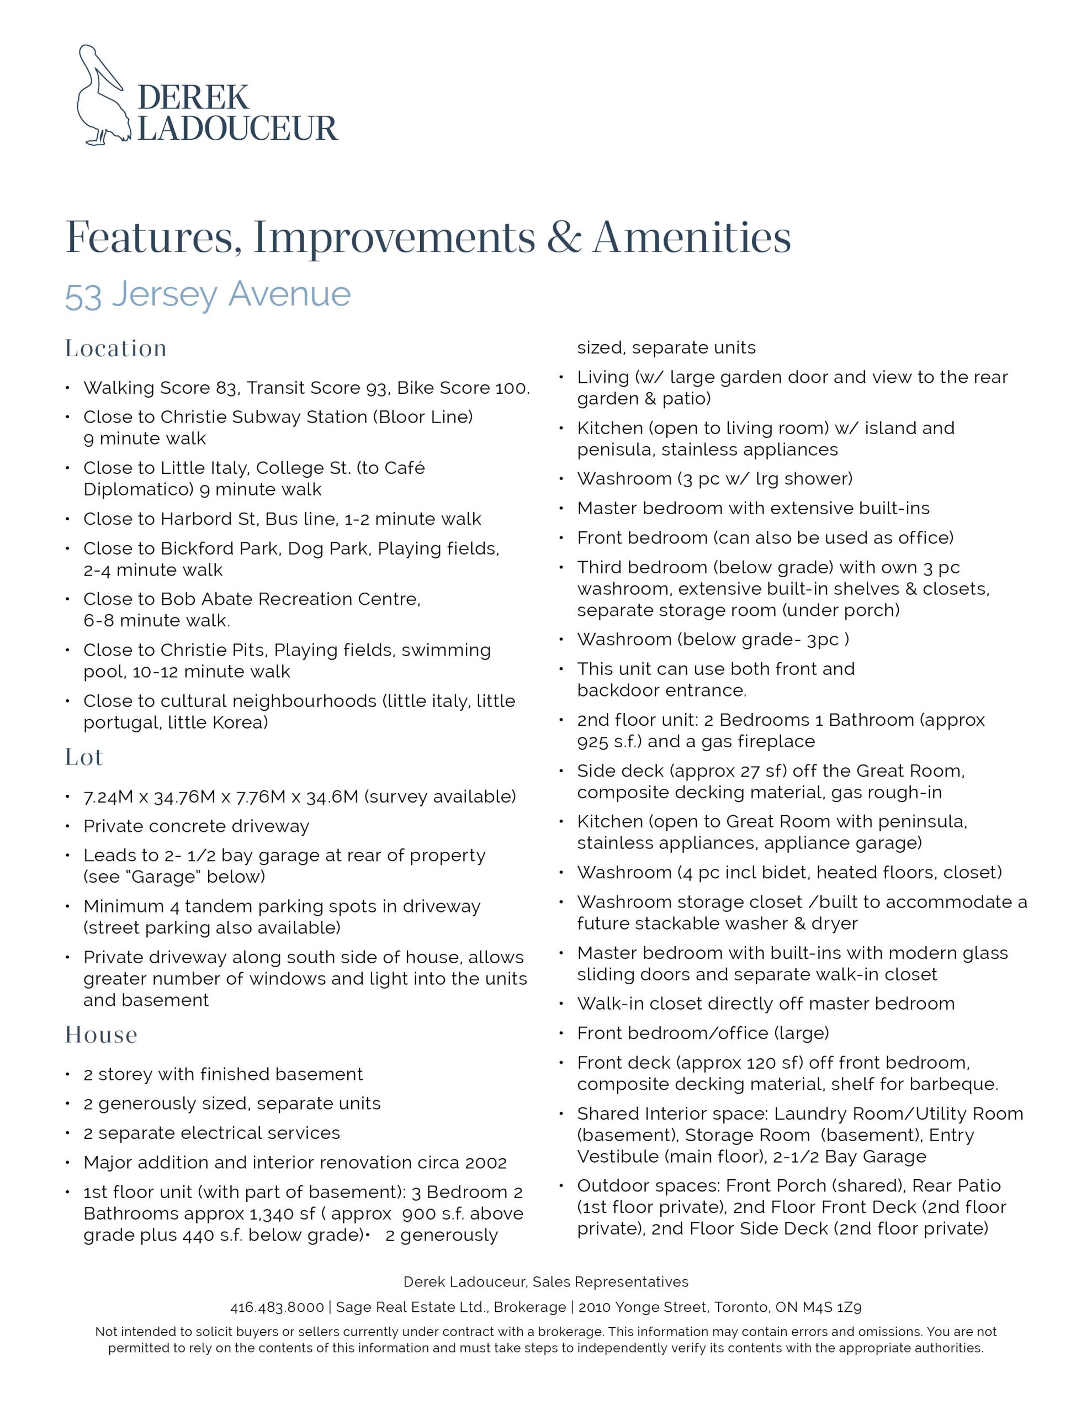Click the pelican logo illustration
coord(102,94)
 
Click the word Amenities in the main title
coord(691,238)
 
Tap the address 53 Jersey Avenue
coord(208,294)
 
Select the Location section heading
coord(116,349)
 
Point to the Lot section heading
coord(84,757)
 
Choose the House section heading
coord(101,1035)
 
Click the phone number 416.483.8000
coord(277,1307)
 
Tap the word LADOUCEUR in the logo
coord(237,129)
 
